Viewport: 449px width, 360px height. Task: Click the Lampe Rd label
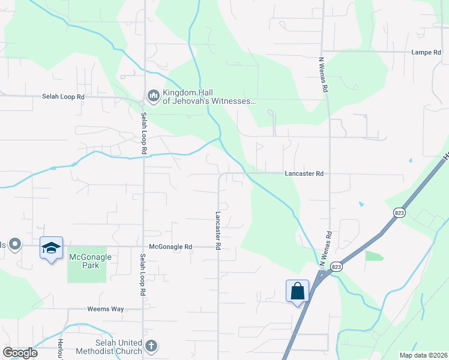click(x=426, y=52)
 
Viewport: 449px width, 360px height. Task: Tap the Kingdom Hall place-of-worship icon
click(x=153, y=95)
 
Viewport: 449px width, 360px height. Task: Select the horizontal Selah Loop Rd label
click(x=64, y=96)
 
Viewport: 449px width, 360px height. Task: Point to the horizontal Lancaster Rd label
click(x=304, y=173)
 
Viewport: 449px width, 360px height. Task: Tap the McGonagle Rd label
click(x=171, y=247)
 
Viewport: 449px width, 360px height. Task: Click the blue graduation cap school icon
click(x=51, y=247)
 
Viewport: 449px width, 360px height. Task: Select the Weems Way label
click(x=107, y=309)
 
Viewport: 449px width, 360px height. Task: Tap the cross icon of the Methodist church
click(x=151, y=346)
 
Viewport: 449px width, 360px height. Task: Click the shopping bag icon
click(x=298, y=291)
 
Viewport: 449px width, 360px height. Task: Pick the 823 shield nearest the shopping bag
click(x=337, y=266)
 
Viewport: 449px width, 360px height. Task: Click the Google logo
click(x=20, y=353)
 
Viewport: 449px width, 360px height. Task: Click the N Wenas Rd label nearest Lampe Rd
click(x=324, y=74)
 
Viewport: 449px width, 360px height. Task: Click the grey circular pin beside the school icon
click(x=16, y=244)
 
